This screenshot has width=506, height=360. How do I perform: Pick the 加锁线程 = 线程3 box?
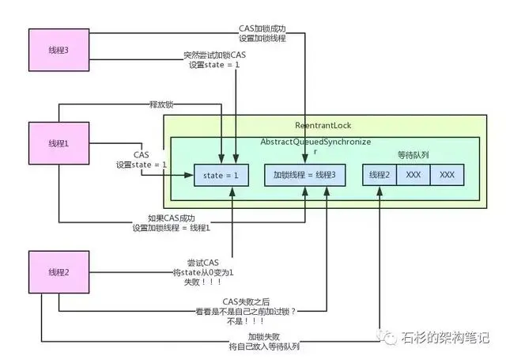[304, 174]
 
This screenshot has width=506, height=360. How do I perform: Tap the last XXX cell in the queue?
[447, 174]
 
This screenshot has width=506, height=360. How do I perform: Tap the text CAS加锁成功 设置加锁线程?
[262, 32]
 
